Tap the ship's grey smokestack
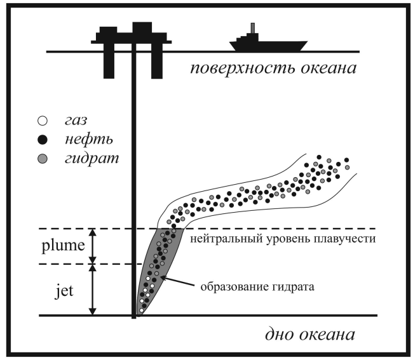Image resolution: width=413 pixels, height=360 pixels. coord(253,28)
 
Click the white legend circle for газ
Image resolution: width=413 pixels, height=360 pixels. coord(43,121)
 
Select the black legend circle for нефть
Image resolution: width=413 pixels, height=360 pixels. coord(43,140)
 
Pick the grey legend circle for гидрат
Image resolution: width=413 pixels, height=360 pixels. coord(43,159)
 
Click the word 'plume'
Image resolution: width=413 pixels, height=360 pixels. coord(63,246)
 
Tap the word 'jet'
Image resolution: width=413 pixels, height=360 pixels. coord(64,291)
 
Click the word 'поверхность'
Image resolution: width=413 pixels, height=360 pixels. coord(243,69)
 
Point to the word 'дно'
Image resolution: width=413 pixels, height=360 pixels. coord(280,335)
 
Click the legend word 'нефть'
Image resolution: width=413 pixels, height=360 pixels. coord(89,139)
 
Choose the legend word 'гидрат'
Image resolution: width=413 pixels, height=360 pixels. coord(92,159)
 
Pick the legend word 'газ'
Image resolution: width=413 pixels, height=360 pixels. coord(76,121)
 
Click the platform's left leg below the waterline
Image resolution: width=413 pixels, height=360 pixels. coord(109,65)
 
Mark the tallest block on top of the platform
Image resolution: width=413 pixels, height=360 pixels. coord(142,27)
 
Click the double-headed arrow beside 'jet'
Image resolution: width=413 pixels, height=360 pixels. coord(93,290)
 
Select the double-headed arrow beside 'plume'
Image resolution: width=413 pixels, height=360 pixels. coord(93,246)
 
